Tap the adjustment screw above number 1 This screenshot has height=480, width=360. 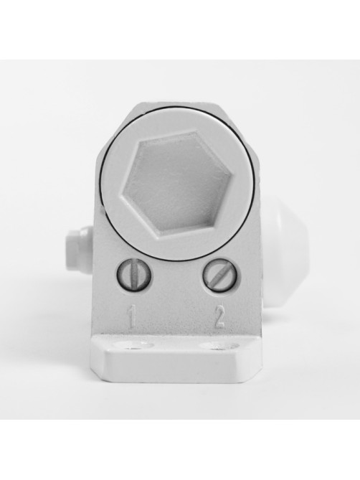[133, 274]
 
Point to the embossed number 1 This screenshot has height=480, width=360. [131, 318]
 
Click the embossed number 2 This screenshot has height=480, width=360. [219, 317]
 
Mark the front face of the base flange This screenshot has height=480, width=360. [177, 367]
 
